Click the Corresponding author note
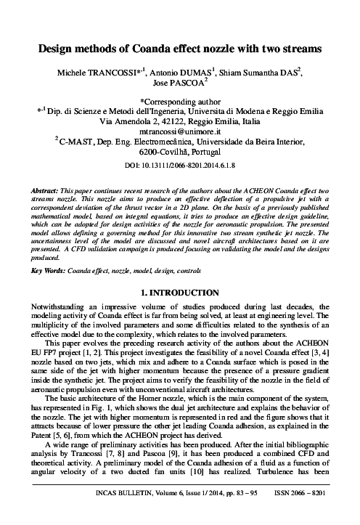pyautogui.click(x=179, y=103)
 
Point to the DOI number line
pyautogui.click(x=179, y=166)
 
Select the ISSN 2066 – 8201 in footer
pyautogui.click(x=298, y=512)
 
